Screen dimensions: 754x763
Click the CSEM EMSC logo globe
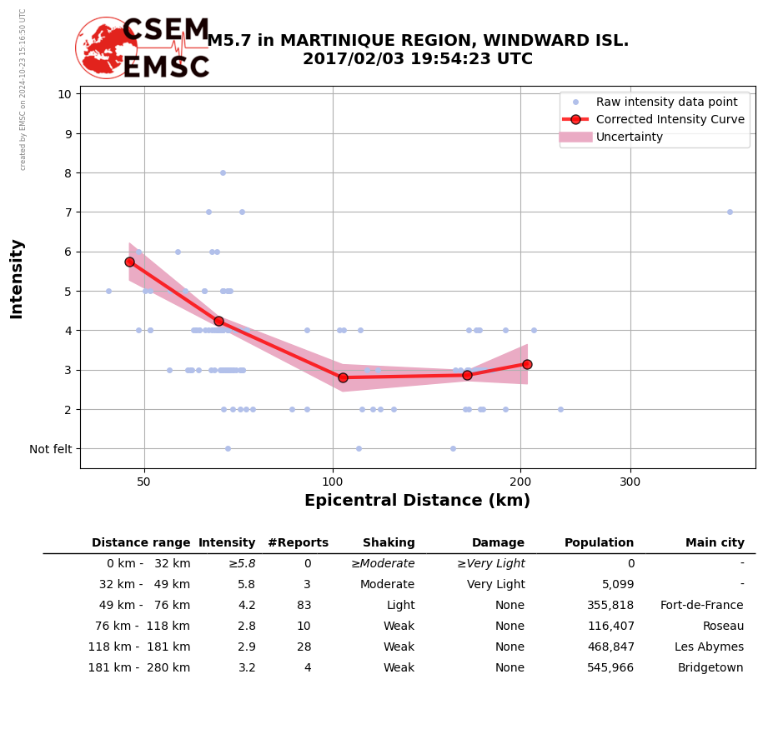[x=106, y=48]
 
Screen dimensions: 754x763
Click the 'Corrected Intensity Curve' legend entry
[x=670, y=119]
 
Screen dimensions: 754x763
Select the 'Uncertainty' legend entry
[x=629, y=137]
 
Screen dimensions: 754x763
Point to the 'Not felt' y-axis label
[x=51, y=449]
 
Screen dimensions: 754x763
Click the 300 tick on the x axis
[x=630, y=482]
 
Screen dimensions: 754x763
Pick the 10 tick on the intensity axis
[x=64, y=94]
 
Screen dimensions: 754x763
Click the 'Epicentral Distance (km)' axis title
[x=417, y=501]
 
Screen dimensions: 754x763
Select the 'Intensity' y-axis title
[x=17, y=278]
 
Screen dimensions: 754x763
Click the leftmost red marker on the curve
[x=129, y=262]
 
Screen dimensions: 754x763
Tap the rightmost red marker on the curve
[x=527, y=364]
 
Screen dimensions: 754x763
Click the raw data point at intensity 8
[x=223, y=172]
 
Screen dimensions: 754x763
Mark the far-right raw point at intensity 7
[x=730, y=212]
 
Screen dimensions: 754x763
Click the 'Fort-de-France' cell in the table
[x=701, y=606]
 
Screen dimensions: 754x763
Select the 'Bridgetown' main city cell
[x=710, y=668]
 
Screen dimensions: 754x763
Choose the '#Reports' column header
[x=298, y=543]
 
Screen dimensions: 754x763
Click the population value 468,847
[x=610, y=647]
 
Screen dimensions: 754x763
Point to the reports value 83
[x=304, y=606]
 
